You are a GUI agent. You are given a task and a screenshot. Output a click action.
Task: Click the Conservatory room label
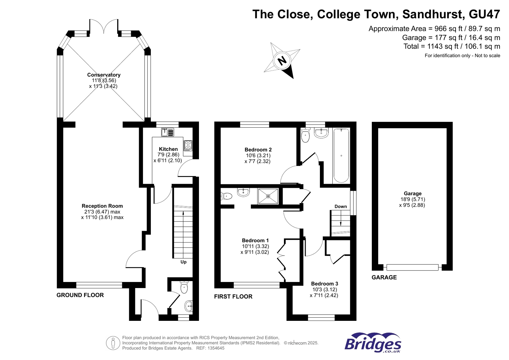pyautogui.click(x=104, y=75)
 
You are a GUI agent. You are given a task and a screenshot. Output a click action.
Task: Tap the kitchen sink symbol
pyautogui.click(x=167, y=132)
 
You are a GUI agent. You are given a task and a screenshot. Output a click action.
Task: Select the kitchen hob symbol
pyautogui.click(x=188, y=145)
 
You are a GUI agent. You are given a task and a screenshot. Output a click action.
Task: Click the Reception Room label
pyautogui.click(x=102, y=206)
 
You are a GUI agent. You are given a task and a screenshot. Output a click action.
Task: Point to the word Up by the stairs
pyautogui.click(x=183, y=262)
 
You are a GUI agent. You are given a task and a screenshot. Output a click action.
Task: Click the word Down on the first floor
pyautogui.click(x=341, y=206)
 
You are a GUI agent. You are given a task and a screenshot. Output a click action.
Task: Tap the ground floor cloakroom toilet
pyautogui.click(x=184, y=287)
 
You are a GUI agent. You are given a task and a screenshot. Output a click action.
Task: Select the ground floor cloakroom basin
pyautogui.click(x=188, y=306)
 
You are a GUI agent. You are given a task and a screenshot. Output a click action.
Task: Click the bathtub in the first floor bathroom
pyautogui.click(x=341, y=155)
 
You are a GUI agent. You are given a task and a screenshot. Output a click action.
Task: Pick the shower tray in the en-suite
pyautogui.click(x=268, y=196)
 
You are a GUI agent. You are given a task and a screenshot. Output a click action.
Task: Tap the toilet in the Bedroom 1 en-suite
pyautogui.click(x=226, y=196)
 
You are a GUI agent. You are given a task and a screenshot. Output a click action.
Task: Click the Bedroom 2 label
pyautogui.click(x=258, y=150)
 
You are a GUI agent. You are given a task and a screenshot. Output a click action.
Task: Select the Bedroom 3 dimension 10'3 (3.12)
pyautogui.click(x=324, y=289)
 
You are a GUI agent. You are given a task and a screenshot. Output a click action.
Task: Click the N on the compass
pyautogui.click(x=282, y=60)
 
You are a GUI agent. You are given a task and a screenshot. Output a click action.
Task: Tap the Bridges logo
pyautogui.click(x=373, y=343)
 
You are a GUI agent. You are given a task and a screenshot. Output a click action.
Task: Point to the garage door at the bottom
pyautogui.click(x=412, y=268)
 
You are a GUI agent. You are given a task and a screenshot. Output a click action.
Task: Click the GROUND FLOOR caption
pyautogui.click(x=80, y=295)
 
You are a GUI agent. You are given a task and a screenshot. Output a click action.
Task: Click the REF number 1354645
pyautogui.click(x=215, y=348)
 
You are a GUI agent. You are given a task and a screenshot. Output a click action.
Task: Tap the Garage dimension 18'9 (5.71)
pyautogui.click(x=413, y=199)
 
